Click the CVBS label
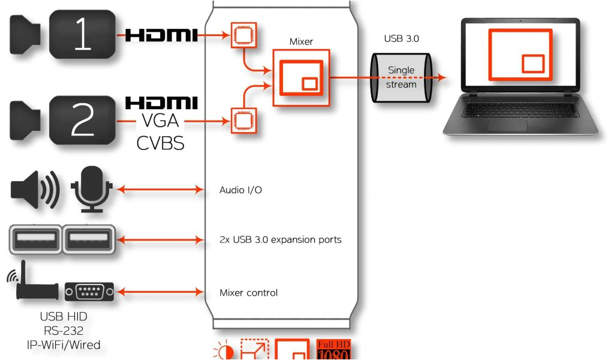(x=160, y=143)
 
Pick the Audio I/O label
(x=240, y=191)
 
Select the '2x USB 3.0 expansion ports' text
(x=280, y=240)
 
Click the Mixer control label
(x=248, y=293)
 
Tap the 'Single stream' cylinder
(x=401, y=78)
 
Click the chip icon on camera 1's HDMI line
(x=243, y=36)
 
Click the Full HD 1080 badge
(x=333, y=350)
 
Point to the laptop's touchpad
(x=507, y=125)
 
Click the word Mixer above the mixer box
(x=301, y=42)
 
